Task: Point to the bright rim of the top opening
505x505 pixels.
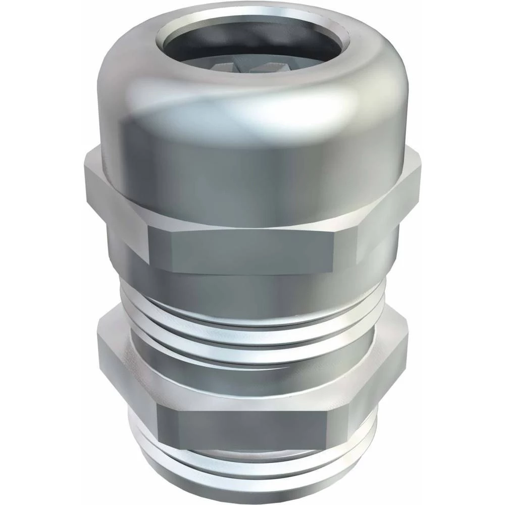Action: pos(252,15)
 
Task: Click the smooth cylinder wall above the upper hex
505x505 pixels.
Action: pos(252,172)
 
